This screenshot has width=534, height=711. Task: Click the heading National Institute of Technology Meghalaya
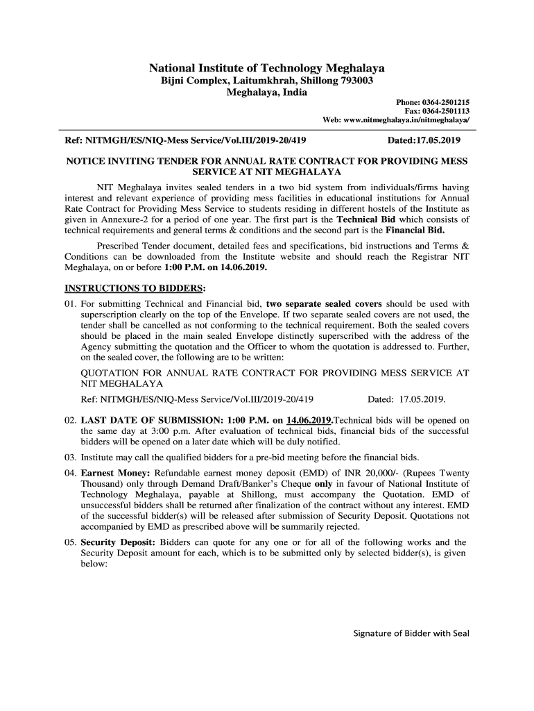pos(267,69)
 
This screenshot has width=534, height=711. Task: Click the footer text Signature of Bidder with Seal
pos(412,633)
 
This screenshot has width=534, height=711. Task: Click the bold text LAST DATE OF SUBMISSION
pos(160,420)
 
